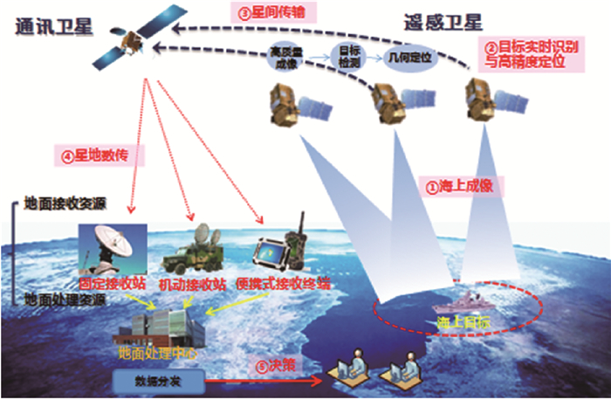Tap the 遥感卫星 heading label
pos(443,22)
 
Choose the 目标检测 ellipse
pos(344,53)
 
